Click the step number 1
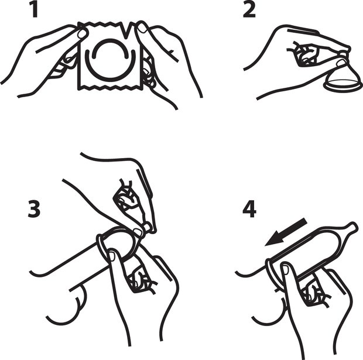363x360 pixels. [x=35, y=9]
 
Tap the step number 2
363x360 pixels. [x=249, y=10]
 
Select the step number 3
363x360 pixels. [x=34, y=209]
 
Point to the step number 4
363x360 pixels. [x=249, y=209]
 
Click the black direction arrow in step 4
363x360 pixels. [x=286, y=231]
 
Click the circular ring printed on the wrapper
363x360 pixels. [x=111, y=61]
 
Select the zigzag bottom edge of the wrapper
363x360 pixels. [x=110, y=87]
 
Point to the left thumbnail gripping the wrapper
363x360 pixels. [x=82, y=34]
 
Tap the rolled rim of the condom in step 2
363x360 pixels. [x=342, y=86]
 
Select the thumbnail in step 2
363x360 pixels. [x=341, y=63]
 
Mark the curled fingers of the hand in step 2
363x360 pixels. [x=304, y=54]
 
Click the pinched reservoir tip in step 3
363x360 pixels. [x=147, y=227]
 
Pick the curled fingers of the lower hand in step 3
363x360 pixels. [x=140, y=280]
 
